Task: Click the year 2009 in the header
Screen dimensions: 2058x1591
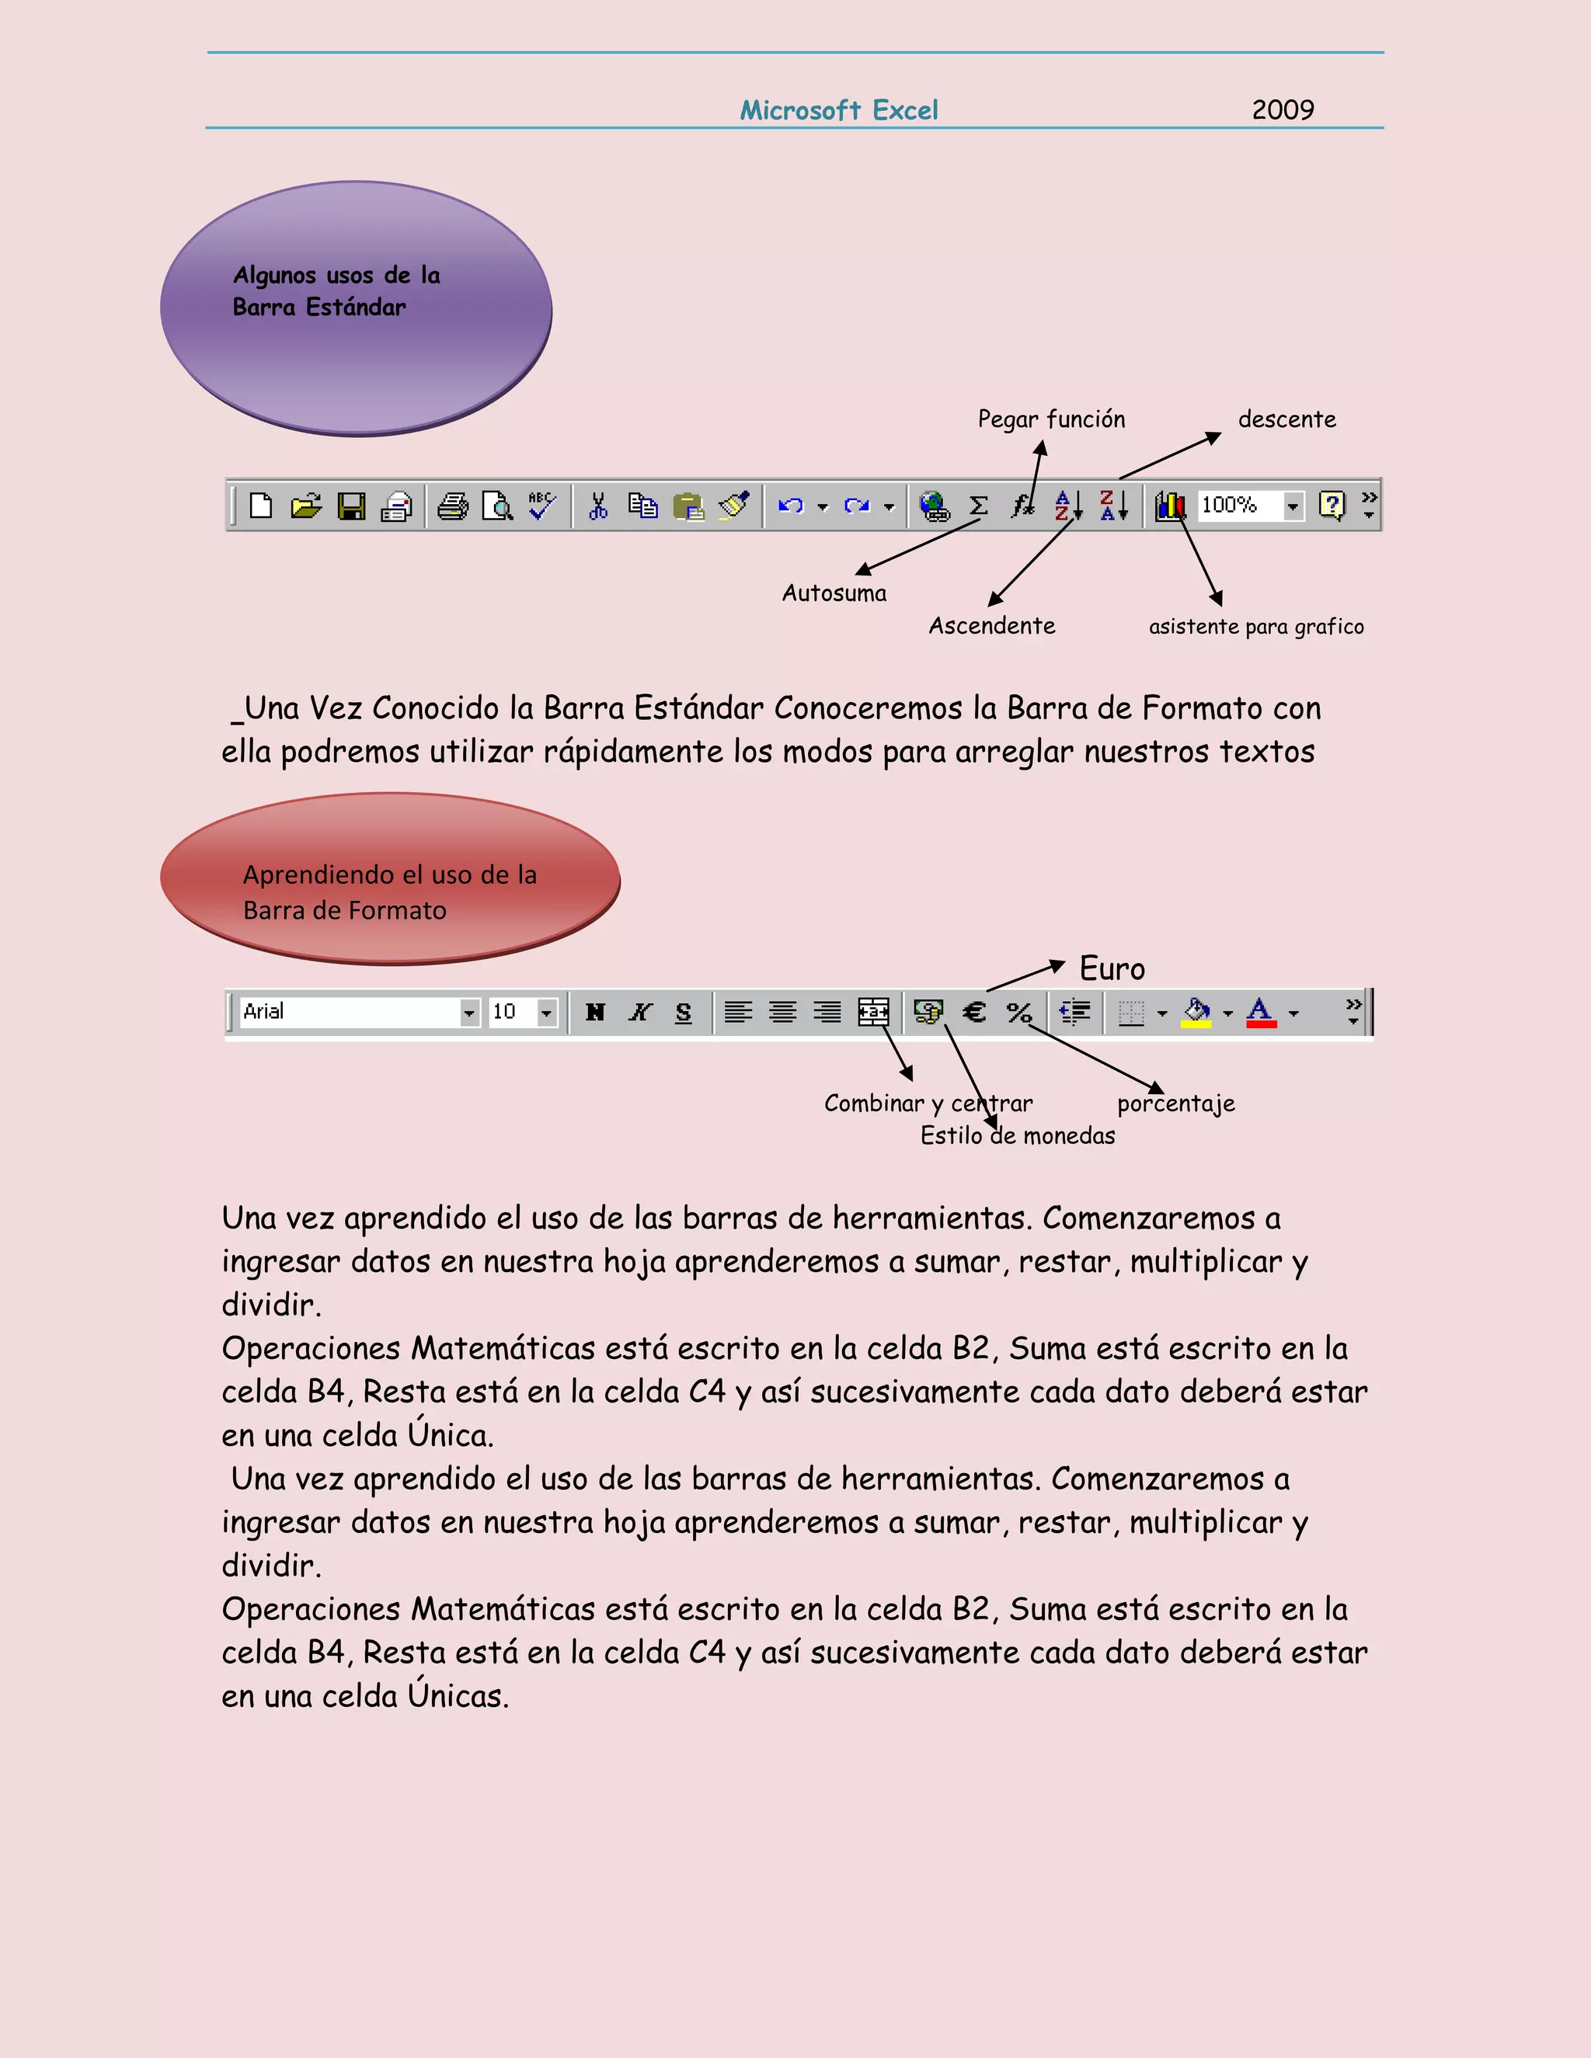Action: (1282, 110)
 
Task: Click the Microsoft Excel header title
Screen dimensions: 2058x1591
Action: (839, 110)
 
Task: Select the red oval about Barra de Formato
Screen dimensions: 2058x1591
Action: (389, 878)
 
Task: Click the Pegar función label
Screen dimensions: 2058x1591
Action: (1051, 419)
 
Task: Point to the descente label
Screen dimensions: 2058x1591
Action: (1286, 419)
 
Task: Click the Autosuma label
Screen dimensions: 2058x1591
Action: (834, 593)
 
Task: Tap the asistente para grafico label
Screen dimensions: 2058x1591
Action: (1255, 627)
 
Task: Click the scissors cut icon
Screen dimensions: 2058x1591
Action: (597, 506)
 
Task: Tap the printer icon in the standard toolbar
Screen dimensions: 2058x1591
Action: (452, 506)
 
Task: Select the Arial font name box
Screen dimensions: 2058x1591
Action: (349, 1012)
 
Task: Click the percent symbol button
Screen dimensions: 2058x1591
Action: (1019, 1012)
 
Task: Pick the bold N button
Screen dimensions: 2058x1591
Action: (595, 1012)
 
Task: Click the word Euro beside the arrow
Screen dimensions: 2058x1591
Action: (1112, 968)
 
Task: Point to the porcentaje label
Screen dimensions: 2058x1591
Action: (1175, 1104)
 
